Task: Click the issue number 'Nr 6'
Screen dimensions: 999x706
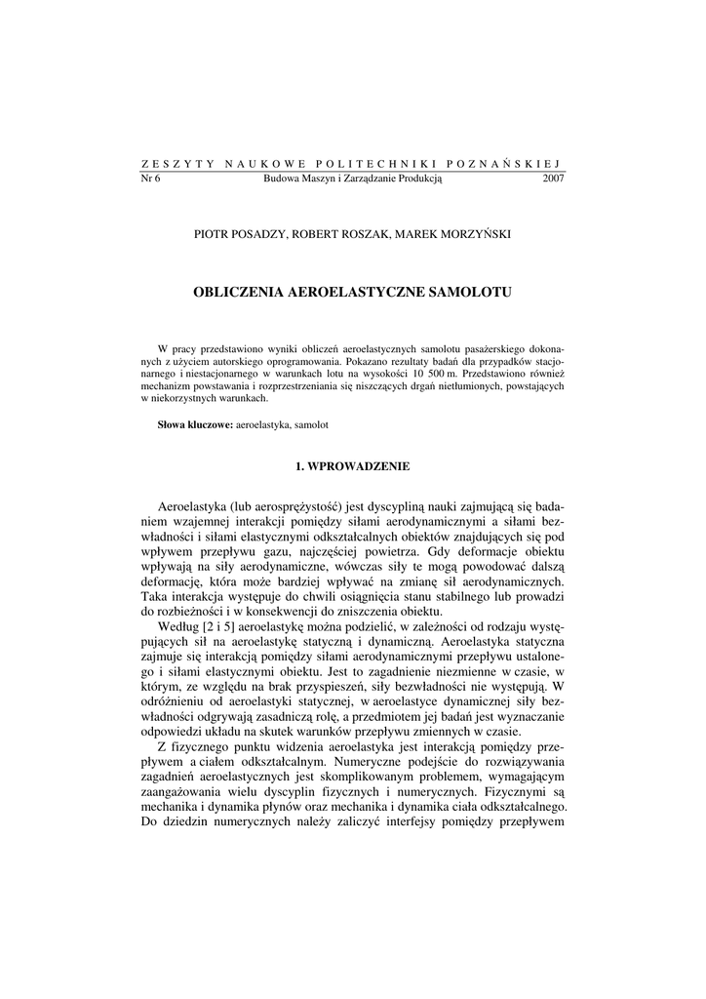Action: pos(151,179)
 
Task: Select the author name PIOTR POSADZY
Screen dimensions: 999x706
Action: pos(237,234)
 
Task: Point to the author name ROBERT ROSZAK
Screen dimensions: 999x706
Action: pos(333,234)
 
